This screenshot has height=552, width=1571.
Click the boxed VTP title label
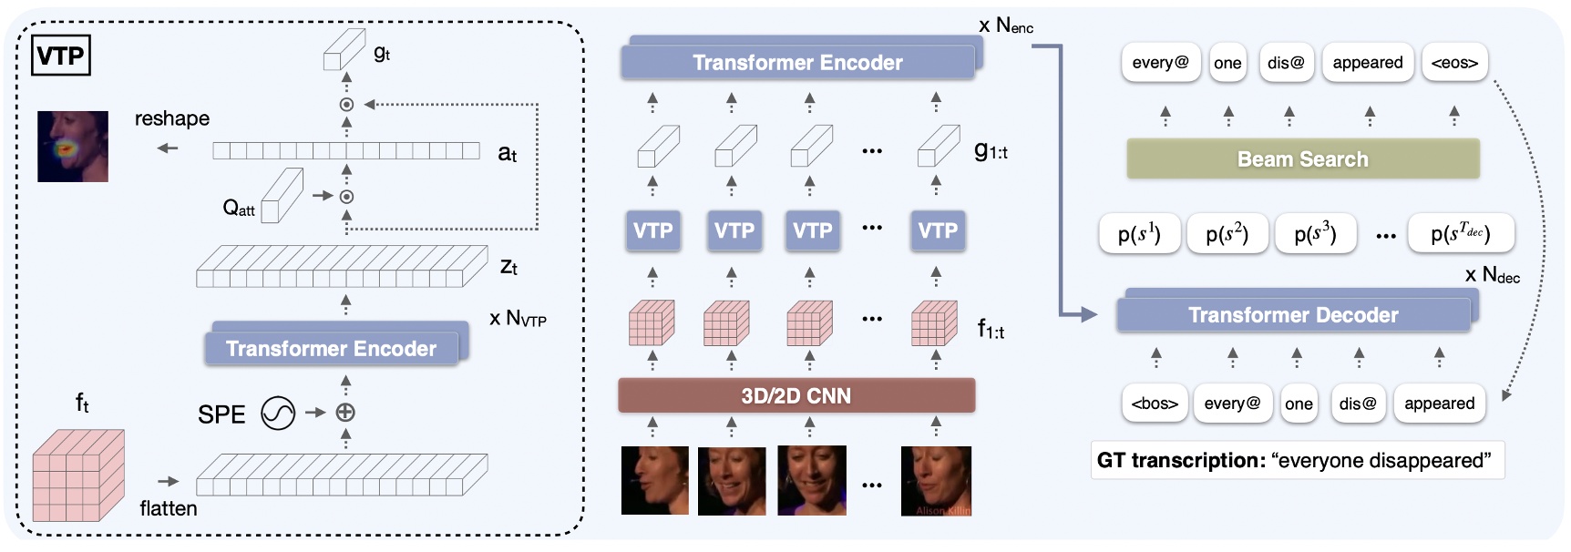pyautogui.click(x=61, y=56)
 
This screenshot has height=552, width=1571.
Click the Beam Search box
pyautogui.click(x=1302, y=159)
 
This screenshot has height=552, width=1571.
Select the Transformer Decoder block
pyautogui.click(x=1292, y=315)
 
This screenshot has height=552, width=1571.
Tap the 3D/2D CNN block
pyautogui.click(x=796, y=396)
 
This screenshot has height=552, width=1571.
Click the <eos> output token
pyautogui.click(x=1453, y=63)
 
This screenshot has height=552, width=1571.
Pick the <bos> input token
pyautogui.click(x=1154, y=404)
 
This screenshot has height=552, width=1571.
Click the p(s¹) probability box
pyautogui.click(x=1138, y=234)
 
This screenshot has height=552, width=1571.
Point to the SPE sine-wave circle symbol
pyautogui.click(x=278, y=414)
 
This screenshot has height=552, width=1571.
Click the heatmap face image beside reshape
pyautogui.click(x=73, y=147)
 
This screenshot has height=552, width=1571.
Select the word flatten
pyautogui.click(x=169, y=508)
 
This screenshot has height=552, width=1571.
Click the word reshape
pyautogui.click(x=171, y=118)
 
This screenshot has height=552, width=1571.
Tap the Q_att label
pyautogui.click(x=239, y=209)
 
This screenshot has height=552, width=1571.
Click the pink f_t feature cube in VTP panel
pyautogui.click(x=78, y=475)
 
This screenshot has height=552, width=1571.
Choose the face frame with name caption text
pyautogui.click(x=936, y=481)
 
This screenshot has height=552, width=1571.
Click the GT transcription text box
pyautogui.click(x=1297, y=461)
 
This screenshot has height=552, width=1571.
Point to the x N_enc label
pyautogui.click(x=1005, y=26)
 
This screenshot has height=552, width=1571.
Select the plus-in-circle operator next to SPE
pyautogui.click(x=345, y=413)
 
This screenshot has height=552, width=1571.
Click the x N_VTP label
pyautogui.click(x=518, y=319)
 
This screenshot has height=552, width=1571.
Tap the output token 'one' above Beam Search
pyautogui.click(x=1227, y=63)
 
